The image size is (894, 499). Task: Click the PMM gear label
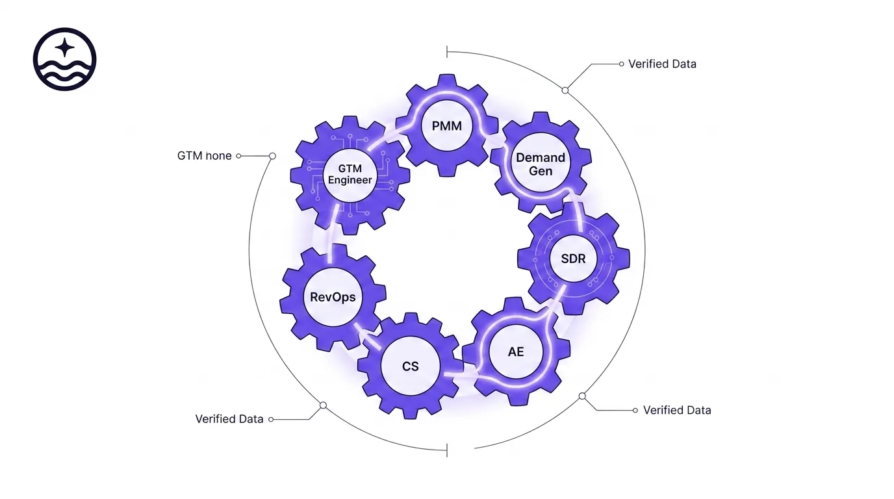click(x=446, y=125)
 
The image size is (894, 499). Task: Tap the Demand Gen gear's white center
click(x=540, y=164)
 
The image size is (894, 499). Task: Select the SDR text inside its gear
click(x=572, y=259)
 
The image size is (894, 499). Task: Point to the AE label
click(x=516, y=352)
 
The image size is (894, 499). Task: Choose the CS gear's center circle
click(x=410, y=366)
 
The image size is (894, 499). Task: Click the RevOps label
click(x=333, y=297)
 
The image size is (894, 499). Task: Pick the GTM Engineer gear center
click(x=350, y=174)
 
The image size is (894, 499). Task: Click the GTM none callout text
click(x=204, y=156)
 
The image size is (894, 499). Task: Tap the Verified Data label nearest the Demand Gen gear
click(x=662, y=64)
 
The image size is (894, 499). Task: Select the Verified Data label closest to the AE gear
click(x=677, y=410)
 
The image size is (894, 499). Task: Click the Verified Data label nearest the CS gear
click(x=229, y=419)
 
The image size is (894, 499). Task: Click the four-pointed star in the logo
click(x=64, y=47)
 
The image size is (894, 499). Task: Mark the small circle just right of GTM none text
click(x=238, y=156)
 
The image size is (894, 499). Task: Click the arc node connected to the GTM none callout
click(x=273, y=156)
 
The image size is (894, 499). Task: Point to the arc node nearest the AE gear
click(x=582, y=396)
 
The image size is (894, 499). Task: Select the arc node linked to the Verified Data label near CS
click(x=323, y=405)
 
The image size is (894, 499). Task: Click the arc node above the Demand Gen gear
click(x=565, y=90)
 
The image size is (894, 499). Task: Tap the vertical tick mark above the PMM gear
click(x=447, y=52)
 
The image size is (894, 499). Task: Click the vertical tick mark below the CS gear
click(x=447, y=450)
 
